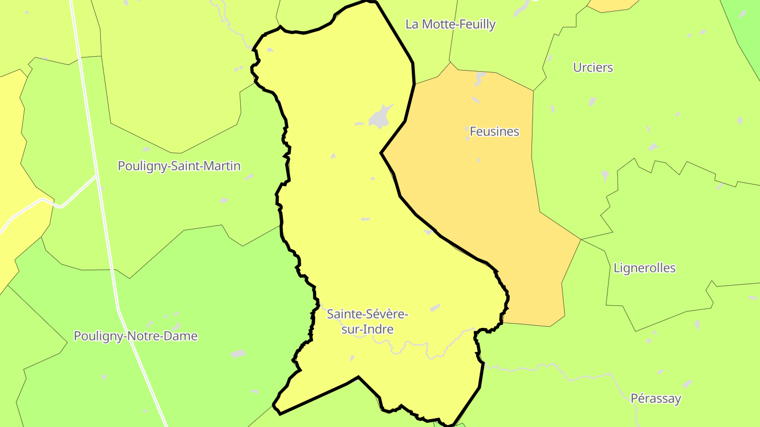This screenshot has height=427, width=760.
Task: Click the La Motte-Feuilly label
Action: coord(450,24)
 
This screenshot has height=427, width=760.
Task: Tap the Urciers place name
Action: coord(593,67)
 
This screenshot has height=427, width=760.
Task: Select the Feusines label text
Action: coord(494,131)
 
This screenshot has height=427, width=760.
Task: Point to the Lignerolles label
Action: coord(644,268)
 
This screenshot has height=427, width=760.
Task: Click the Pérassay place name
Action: coord(655,399)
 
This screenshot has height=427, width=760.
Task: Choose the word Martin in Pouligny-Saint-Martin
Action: coord(220,166)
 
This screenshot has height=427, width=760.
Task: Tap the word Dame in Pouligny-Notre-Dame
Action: coord(182,336)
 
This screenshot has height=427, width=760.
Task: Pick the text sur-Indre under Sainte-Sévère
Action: coord(367,329)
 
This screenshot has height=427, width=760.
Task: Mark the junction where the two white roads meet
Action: coord(97,176)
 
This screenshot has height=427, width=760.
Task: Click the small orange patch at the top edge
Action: coord(612,5)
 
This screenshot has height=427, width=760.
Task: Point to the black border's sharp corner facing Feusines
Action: coord(381,153)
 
